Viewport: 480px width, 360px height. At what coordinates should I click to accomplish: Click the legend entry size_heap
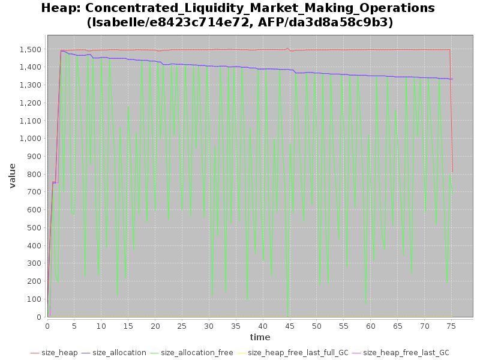click(x=59, y=353)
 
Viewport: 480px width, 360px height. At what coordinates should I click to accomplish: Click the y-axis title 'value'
click(x=12, y=175)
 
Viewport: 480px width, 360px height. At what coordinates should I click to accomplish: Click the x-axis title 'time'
click(x=260, y=337)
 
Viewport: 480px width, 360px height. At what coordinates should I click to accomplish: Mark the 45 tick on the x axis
click(x=290, y=326)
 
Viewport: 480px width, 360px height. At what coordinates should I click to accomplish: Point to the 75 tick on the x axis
click(x=452, y=326)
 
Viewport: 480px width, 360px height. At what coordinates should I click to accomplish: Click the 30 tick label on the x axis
click(x=209, y=326)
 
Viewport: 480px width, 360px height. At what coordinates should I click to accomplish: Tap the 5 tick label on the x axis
click(x=74, y=326)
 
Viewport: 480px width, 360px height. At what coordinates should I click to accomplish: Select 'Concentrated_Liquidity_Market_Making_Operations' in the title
click(x=259, y=8)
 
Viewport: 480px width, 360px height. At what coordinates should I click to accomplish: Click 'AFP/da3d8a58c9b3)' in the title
click(x=332, y=23)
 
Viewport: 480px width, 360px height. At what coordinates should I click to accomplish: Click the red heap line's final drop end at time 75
click(x=452, y=173)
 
